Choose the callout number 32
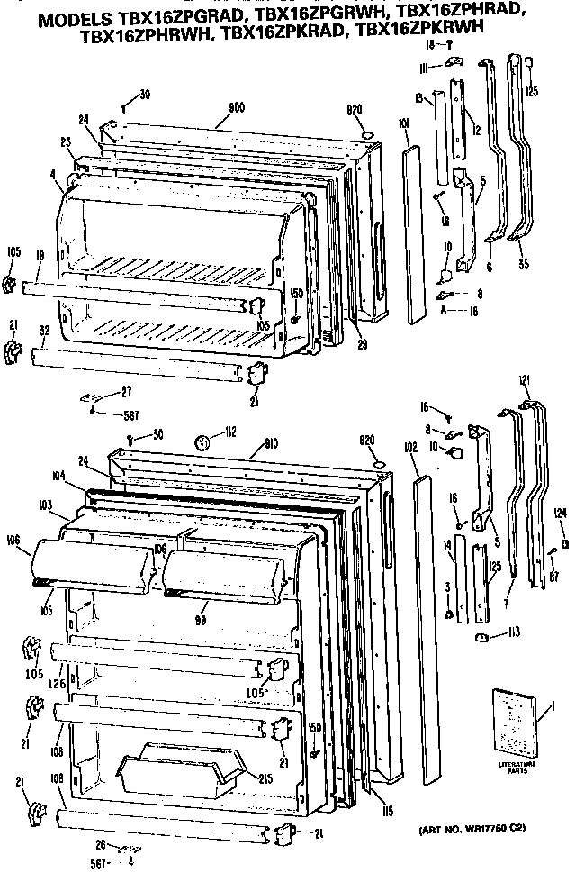coord(44,330)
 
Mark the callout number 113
coord(512,632)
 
